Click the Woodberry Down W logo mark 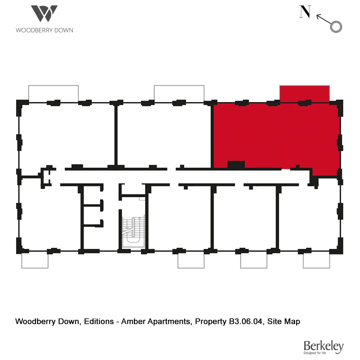pyautogui.click(x=44, y=14)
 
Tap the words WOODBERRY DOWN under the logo pyautogui.click(x=44, y=30)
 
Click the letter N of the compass pyautogui.click(x=305, y=12)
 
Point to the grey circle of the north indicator pyautogui.click(x=336, y=27)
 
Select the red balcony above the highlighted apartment pyautogui.click(x=305, y=93)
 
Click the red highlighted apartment pyautogui.click(x=275, y=135)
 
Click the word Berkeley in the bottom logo pyautogui.click(x=323, y=346)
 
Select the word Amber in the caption pyautogui.click(x=133, y=321)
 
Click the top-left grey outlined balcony pyautogui.click(x=53, y=93)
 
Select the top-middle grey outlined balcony pyautogui.click(x=179, y=93)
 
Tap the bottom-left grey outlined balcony pyautogui.click(x=35, y=260)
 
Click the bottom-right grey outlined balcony pyautogui.click(x=316, y=260)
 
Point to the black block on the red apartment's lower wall pyautogui.click(x=236, y=165)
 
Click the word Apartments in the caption pyautogui.click(x=168, y=321)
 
